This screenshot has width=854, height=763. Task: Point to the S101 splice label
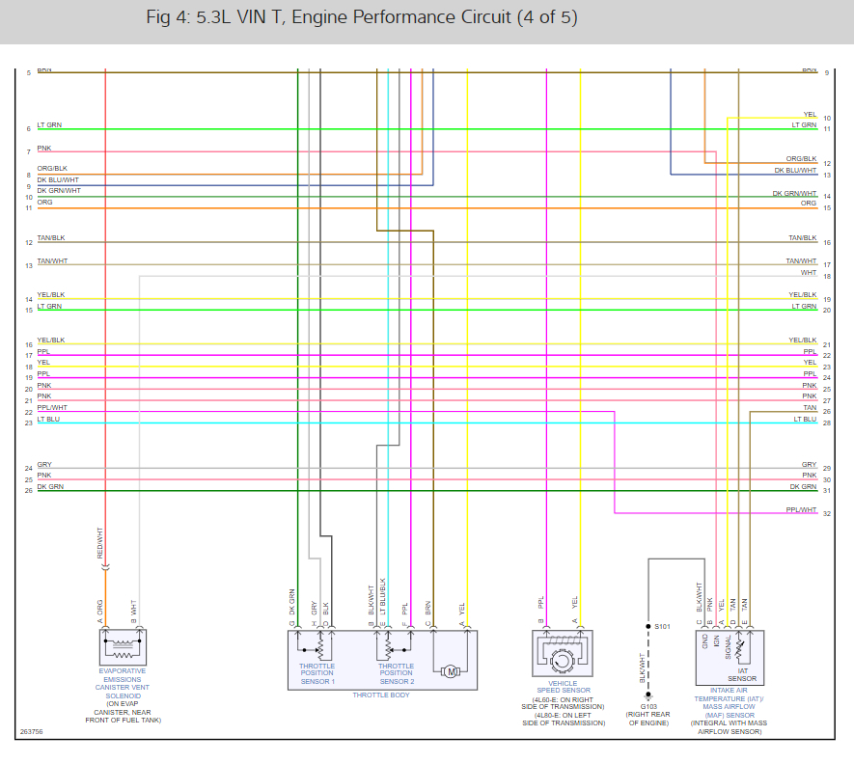(662, 627)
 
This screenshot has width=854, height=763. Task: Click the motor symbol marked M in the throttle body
(450, 671)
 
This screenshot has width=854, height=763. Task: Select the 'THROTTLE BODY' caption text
(380, 695)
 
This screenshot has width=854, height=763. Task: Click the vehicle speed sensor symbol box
(562, 655)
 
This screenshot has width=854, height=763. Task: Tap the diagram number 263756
(32, 731)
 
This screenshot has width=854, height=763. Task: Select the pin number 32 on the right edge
(827, 514)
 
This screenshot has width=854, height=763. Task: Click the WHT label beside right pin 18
(809, 273)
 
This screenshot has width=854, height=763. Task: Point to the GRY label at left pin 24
(44, 465)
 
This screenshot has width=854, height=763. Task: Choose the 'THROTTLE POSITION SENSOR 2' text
(396, 673)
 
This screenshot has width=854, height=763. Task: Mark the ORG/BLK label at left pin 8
(52, 169)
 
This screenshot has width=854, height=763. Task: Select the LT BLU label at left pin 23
(48, 419)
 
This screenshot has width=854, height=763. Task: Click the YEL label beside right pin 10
(810, 115)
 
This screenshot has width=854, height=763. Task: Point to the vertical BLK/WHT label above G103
(641, 668)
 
